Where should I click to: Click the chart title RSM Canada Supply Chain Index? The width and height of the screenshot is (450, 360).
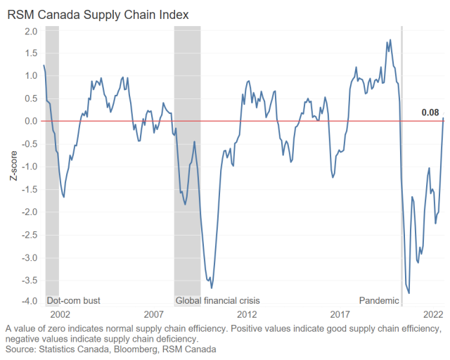[98, 13]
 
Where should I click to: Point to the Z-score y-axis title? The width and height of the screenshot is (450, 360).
[13, 166]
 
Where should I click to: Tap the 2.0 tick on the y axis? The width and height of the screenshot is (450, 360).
[30, 31]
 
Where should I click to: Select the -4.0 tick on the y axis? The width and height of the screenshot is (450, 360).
[29, 302]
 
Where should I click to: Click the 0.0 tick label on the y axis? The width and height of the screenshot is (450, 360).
[30, 121]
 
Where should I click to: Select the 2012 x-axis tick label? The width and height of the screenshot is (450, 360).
[247, 314]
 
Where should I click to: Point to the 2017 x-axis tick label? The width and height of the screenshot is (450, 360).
[340, 314]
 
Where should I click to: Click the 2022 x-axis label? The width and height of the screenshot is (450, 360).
[433, 314]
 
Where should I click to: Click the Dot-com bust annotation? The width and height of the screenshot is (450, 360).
[74, 301]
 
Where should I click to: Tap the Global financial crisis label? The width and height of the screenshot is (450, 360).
[217, 301]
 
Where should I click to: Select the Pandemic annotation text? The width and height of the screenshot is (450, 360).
[379, 301]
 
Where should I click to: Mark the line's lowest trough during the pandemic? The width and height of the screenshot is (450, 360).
[409, 293]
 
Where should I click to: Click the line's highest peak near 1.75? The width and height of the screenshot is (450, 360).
[388, 41]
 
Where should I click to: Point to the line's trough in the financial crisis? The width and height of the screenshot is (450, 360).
[210, 287]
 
